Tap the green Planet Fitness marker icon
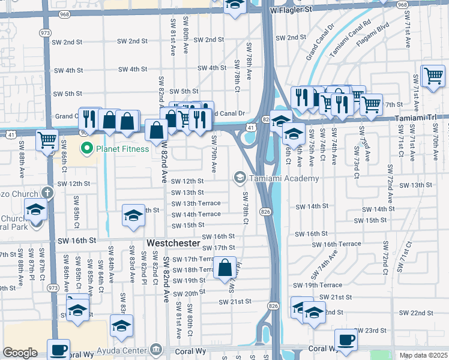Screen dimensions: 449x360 [86, 148]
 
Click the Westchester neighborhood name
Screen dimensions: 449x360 [173, 243]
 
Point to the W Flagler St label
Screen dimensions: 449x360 [291, 10]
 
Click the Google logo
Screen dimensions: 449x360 [20, 352]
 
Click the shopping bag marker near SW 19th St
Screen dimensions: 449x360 [225, 268]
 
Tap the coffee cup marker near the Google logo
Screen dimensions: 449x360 [59, 349]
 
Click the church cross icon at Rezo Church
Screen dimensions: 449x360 [48, 193]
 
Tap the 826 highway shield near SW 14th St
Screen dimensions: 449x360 [265, 211]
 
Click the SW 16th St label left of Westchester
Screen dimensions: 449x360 [76, 240]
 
